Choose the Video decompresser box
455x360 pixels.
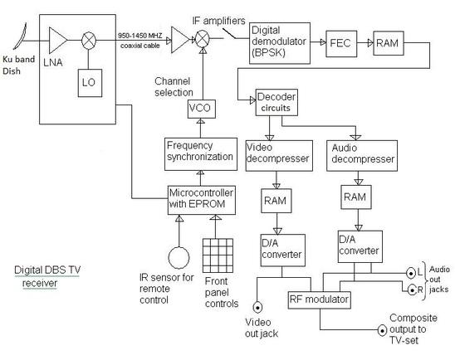coord(279,153)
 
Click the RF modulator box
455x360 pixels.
coord(297,299)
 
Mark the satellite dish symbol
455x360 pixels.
coord(19,36)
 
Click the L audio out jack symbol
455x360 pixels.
coord(410,272)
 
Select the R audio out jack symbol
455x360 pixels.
coord(410,290)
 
